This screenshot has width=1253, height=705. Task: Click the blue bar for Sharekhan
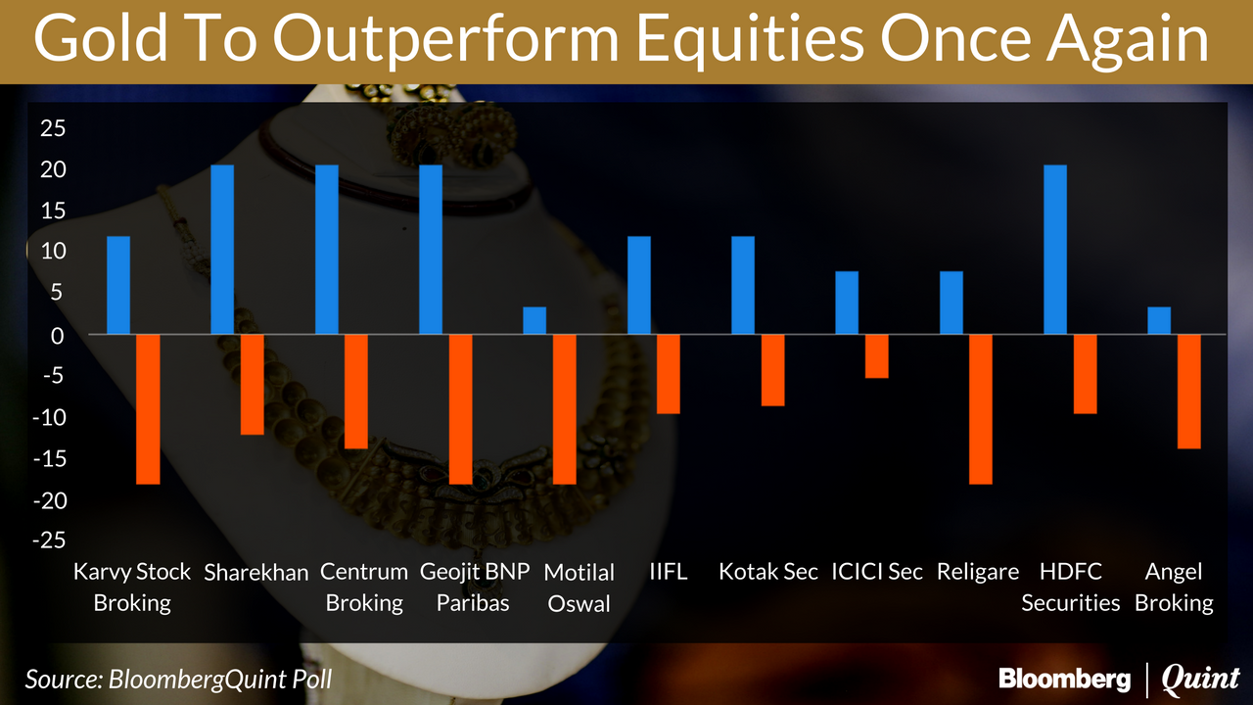(x=222, y=250)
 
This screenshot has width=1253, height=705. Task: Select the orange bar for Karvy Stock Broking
(x=148, y=409)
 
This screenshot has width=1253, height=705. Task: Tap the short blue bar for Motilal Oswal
(x=534, y=320)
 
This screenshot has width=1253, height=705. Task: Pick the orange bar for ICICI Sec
(x=876, y=356)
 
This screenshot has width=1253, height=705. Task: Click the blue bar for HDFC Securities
(x=1055, y=250)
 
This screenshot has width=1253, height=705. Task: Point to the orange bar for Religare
(x=981, y=409)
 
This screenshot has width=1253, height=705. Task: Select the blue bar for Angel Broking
(x=1159, y=320)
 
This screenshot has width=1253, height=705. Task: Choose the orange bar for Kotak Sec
(x=772, y=370)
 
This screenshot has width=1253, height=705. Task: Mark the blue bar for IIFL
(x=639, y=285)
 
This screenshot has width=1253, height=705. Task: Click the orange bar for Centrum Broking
(x=355, y=392)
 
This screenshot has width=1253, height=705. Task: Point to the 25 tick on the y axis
(x=53, y=128)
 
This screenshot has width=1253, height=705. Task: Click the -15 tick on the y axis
(x=50, y=459)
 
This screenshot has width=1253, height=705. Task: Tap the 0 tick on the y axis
(x=58, y=336)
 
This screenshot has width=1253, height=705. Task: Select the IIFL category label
(x=668, y=572)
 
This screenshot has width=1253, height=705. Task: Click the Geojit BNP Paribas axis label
(x=475, y=587)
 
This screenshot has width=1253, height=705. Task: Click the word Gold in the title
(x=101, y=39)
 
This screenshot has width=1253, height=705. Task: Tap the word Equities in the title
(x=750, y=40)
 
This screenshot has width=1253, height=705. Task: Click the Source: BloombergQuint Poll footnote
(x=178, y=680)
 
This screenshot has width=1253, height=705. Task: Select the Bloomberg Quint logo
(x=1119, y=680)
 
